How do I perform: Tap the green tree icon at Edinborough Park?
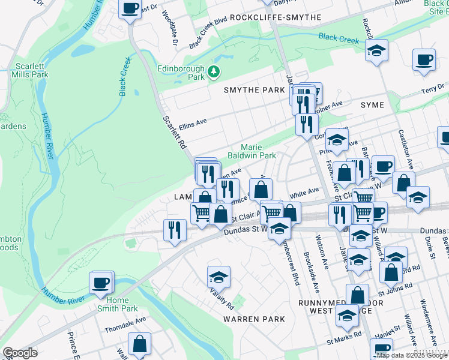(214, 73)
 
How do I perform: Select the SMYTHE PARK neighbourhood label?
(254, 90)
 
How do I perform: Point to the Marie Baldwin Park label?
(258, 151)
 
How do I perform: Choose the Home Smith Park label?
(118, 304)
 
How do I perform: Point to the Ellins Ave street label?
(193, 124)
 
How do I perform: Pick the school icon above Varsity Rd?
(218, 276)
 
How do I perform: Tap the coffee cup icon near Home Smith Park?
(101, 282)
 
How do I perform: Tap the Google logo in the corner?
(20, 353)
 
